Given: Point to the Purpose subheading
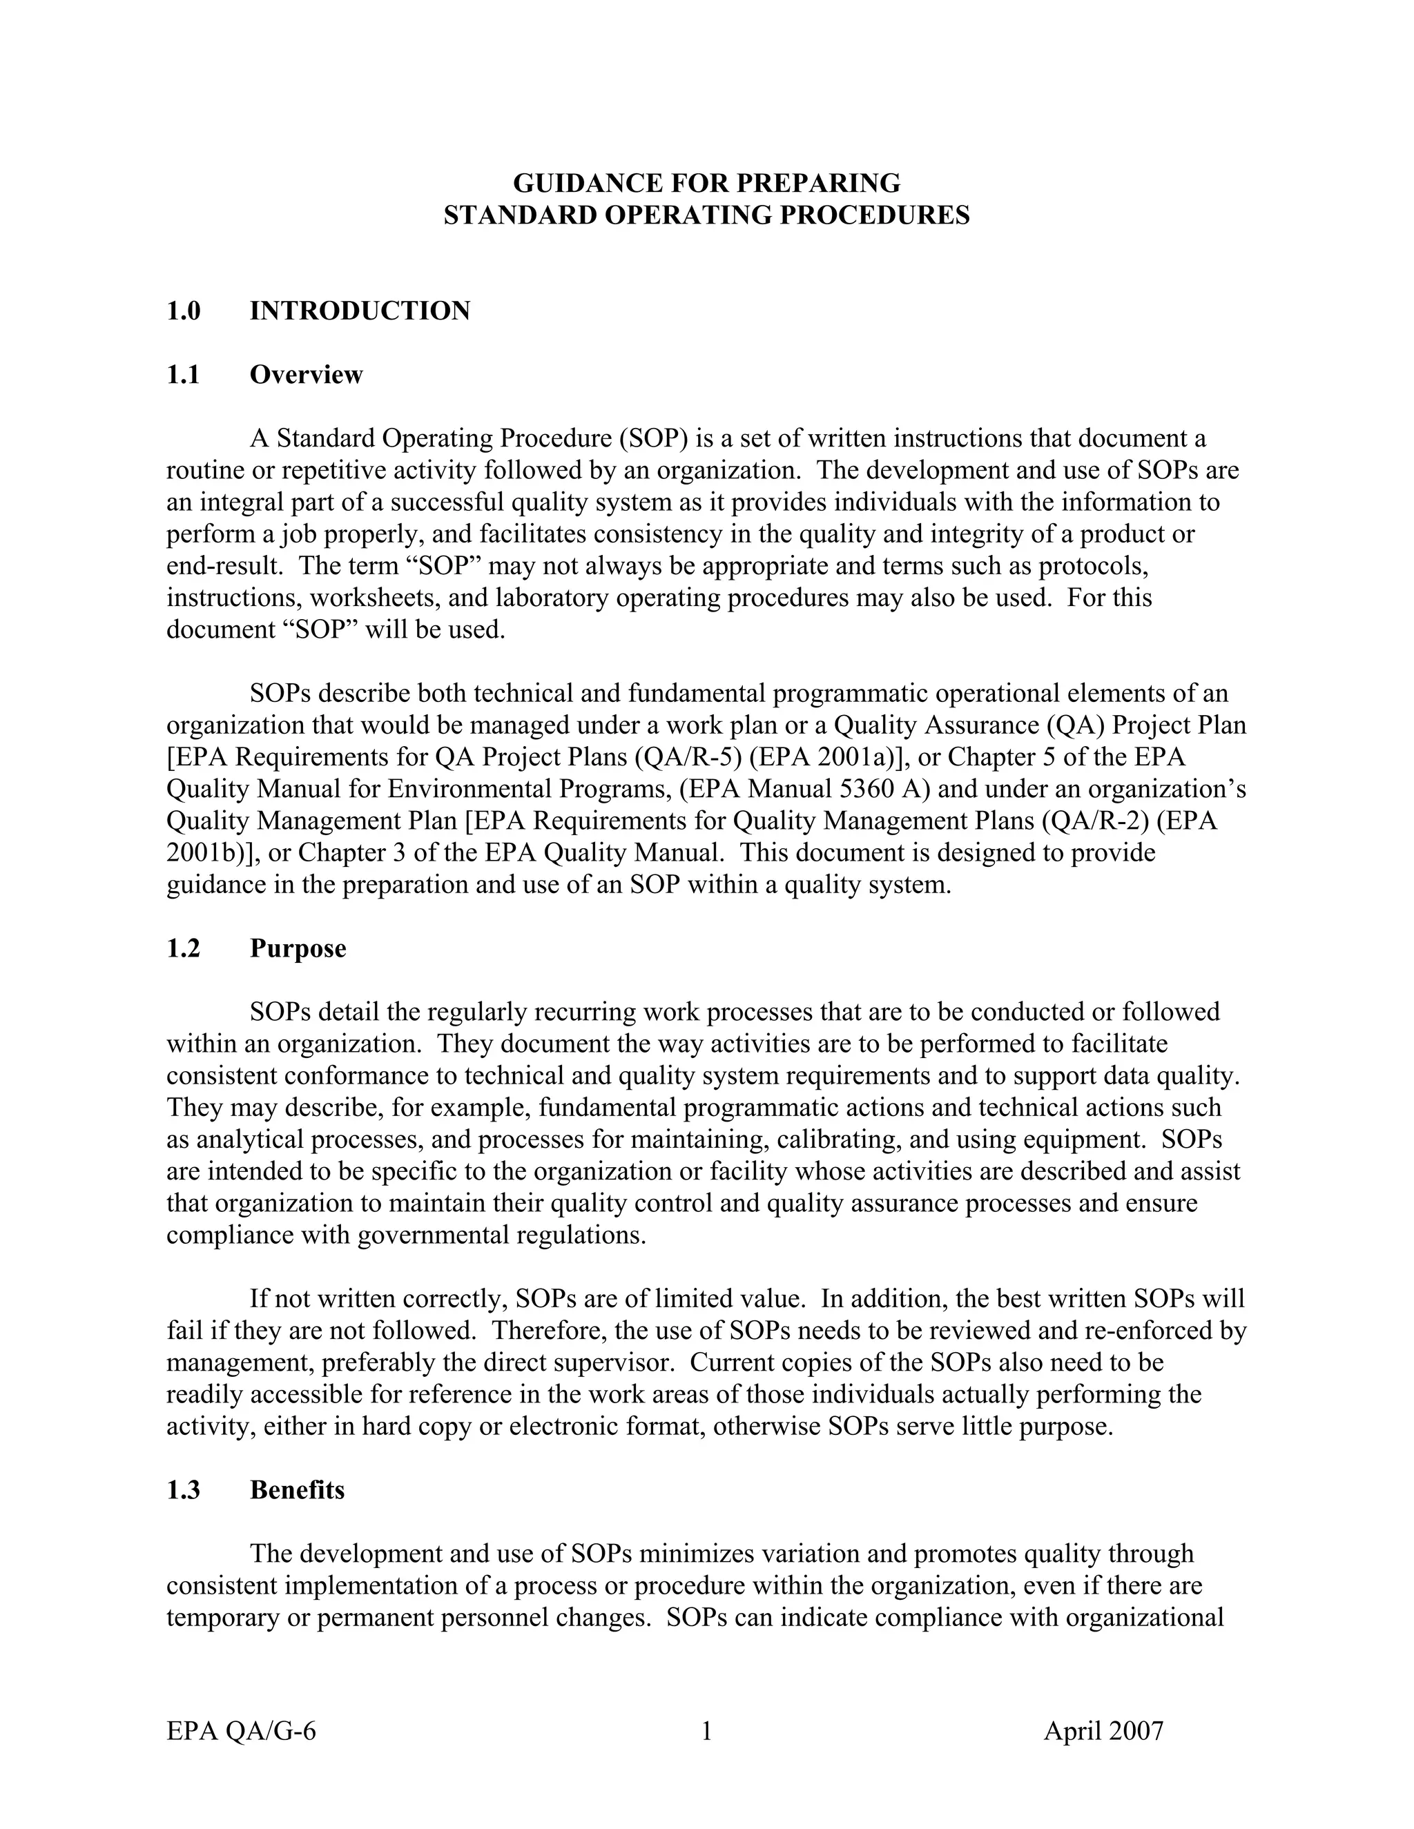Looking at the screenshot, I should coord(298,948).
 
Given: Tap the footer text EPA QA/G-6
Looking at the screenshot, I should coord(241,1730).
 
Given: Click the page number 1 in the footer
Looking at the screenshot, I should coord(706,1730).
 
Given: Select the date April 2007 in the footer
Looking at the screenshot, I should coord(1103,1730).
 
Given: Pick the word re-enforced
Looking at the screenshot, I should coord(1156,1331).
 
